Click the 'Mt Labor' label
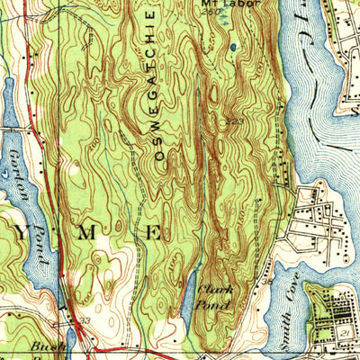[x=220, y=4]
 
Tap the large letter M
[x=87, y=233]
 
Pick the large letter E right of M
[x=153, y=233]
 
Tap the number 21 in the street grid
[x=346, y=333]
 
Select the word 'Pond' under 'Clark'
[x=214, y=305]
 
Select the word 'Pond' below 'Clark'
[x=214, y=305]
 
